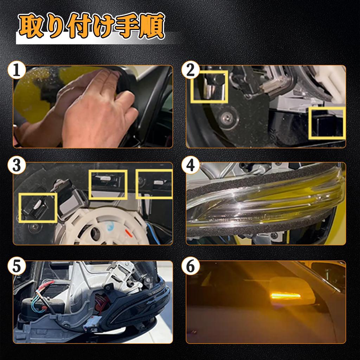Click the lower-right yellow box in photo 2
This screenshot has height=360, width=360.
click(x=326, y=123)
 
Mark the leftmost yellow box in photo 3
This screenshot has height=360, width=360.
click(x=38, y=207)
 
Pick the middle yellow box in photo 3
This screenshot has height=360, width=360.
click(x=108, y=184)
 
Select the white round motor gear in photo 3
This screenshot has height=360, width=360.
click(x=102, y=229)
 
